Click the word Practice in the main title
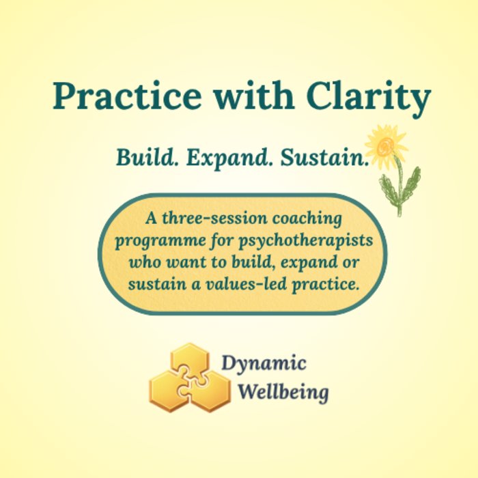(x=127, y=96)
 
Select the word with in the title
(x=254, y=95)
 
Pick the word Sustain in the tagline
(x=324, y=157)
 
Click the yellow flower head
(x=386, y=145)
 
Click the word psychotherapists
(x=306, y=241)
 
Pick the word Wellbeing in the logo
(x=283, y=392)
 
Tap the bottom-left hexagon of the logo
(x=169, y=391)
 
